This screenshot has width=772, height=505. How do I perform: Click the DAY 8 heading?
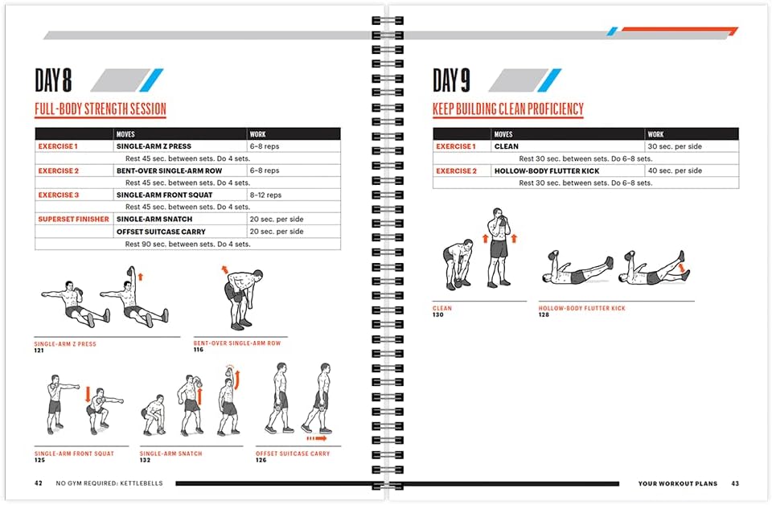53,80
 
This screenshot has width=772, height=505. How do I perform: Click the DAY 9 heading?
451,80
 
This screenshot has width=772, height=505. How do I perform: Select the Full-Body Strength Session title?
100,109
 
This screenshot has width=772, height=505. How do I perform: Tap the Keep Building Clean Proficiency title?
507,109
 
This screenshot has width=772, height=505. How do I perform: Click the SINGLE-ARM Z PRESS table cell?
154,146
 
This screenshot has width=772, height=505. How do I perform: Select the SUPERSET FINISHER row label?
72,220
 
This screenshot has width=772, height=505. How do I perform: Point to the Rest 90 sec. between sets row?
187,244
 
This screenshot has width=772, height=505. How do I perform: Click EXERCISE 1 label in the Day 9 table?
455,146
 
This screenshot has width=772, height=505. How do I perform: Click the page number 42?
38,483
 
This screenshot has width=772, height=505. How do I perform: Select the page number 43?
734,483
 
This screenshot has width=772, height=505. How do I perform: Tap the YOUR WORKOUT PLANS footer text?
675,483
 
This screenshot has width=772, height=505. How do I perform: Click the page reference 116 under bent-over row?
198,350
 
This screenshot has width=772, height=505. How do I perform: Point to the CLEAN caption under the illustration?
442,308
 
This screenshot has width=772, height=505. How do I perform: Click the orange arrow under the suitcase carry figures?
316,439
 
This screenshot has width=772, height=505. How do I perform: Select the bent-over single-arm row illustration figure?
238,298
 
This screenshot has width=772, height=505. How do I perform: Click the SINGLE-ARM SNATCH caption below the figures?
171,454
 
